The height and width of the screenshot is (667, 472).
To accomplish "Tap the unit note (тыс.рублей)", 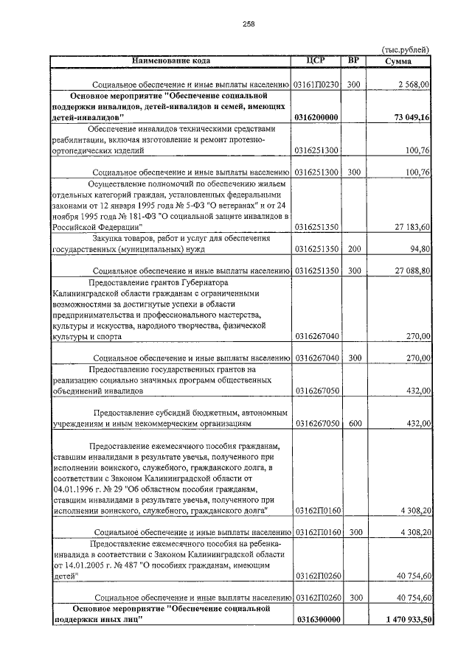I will point(405,49).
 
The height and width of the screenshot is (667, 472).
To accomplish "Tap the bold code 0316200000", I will point(316,117).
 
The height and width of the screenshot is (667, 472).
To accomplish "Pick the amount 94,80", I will point(418,249).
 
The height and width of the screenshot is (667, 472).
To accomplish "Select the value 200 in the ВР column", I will point(353,249).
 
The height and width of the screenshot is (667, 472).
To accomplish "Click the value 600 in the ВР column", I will point(353,424).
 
